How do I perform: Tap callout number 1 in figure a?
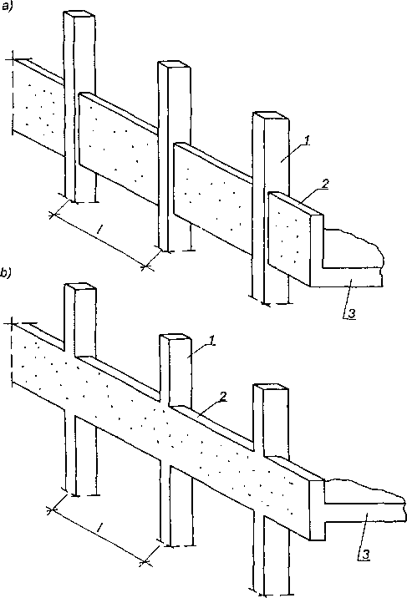coord(307,140)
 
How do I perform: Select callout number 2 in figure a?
coord(324,184)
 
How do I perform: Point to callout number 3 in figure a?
coord(352,314)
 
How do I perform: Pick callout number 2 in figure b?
coord(224,397)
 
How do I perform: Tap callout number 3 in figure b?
coord(365,555)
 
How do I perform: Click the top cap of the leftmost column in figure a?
coord(79,14)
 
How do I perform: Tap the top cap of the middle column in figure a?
coord(174,66)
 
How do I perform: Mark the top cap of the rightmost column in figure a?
coord(271,115)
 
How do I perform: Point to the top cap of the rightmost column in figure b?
coord(271,388)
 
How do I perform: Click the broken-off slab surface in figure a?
coord(353,248)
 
